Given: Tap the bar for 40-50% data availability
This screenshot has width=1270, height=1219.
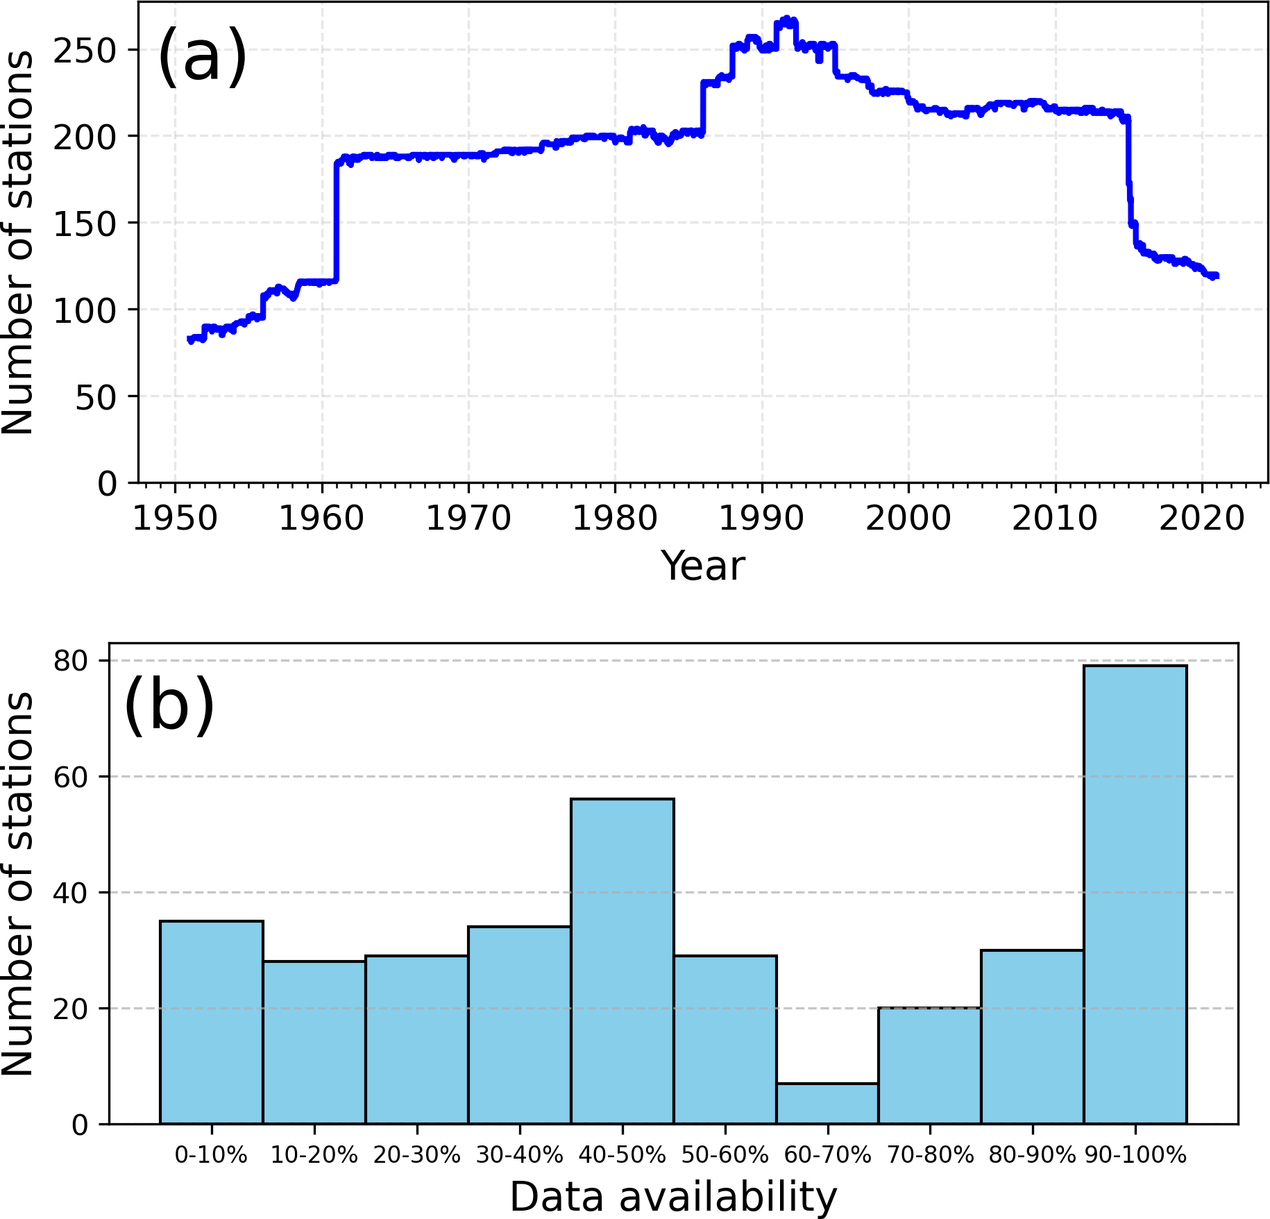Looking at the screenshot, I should pyautogui.click(x=622, y=961).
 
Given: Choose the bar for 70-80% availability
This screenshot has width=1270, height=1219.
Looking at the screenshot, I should pyautogui.click(x=929, y=1066).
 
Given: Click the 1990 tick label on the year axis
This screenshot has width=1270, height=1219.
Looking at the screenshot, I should pyautogui.click(x=761, y=519).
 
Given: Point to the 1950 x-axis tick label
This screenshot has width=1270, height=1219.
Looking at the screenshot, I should pyautogui.click(x=174, y=519).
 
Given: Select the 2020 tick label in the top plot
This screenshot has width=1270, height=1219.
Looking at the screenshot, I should pyautogui.click(x=1201, y=519).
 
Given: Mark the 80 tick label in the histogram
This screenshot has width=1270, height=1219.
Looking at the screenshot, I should pyautogui.click(x=71, y=661).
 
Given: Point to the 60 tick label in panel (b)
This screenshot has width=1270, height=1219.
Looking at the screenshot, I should pyautogui.click(x=71, y=777).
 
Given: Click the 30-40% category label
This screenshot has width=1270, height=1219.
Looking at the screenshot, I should pyautogui.click(x=519, y=1154).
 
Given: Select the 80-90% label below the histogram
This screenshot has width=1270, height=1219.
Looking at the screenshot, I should pyautogui.click(x=1032, y=1154).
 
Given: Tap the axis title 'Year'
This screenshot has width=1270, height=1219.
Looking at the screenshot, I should pyautogui.click(x=702, y=566).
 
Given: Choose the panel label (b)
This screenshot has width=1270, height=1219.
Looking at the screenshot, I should pyautogui.click(x=169, y=705).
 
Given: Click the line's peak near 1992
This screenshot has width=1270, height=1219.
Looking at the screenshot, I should pyautogui.click(x=786, y=21).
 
